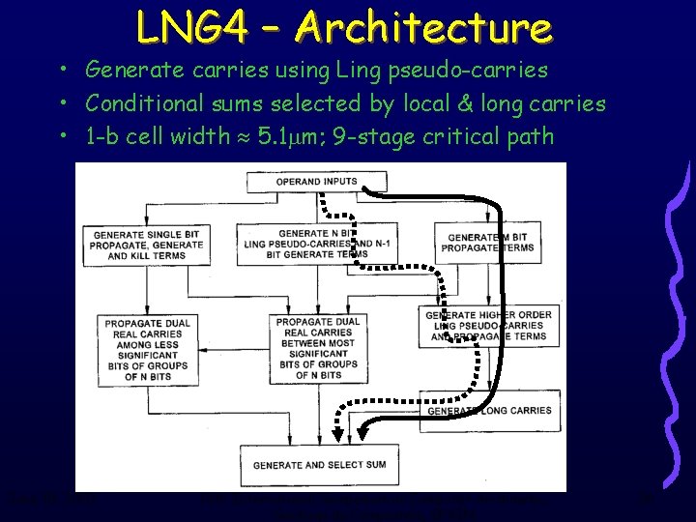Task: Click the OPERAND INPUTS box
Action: point(316,182)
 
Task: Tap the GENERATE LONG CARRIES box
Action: point(490,411)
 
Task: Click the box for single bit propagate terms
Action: point(148,246)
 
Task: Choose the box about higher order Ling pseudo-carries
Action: point(489,326)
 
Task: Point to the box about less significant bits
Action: point(147,349)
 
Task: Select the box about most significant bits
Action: point(317,348)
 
